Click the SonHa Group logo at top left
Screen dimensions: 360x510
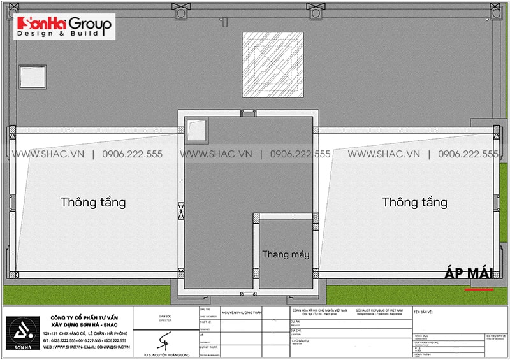[x=64, y=25]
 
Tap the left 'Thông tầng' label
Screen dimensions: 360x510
[x=93, y=203]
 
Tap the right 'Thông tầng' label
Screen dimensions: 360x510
[x=414, y=203]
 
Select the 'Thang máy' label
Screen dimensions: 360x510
[x=286, y=254]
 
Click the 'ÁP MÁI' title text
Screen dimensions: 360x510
[x=469, y=273]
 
